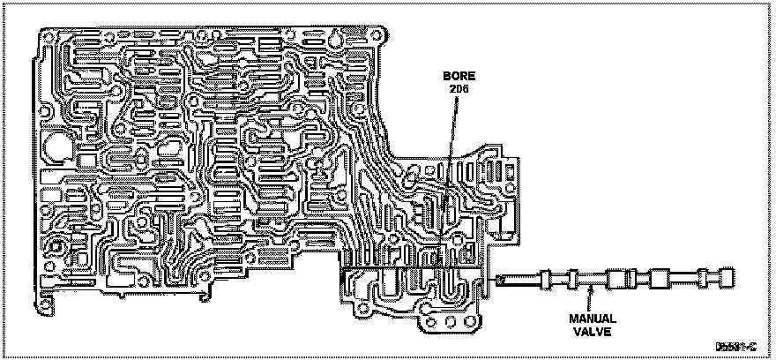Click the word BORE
tap(459, 77)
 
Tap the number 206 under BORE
tap(457, 90)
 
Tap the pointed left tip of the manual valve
tap(499, 281)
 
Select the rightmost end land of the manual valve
tap(727, 279)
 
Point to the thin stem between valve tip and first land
tap(520, 281)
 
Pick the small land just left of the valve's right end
tap(703, 279)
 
